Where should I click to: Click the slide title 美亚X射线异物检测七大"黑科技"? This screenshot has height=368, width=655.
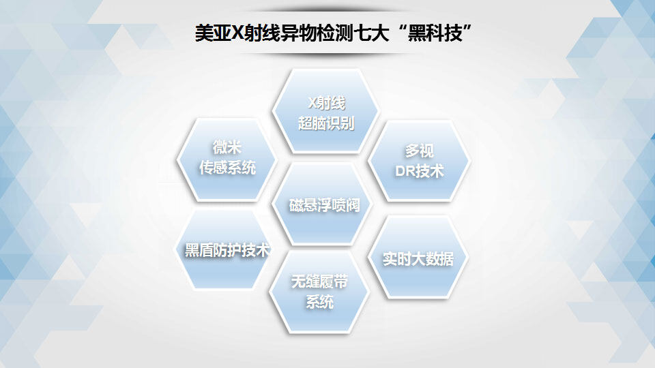tap(334, 33)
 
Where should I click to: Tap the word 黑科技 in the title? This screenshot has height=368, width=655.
tap(435, 33)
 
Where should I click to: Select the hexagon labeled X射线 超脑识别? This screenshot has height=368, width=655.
tap(326, 111)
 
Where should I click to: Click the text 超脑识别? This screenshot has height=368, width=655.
tap(326, 123)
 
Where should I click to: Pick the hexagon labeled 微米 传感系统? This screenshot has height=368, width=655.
tap(227, 159)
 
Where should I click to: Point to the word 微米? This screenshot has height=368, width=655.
tap(227, 147)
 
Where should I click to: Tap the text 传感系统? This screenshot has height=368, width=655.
tap(227, 168)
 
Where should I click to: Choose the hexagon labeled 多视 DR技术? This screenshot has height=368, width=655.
tap(420, 161)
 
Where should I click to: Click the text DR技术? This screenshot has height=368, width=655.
tap(420, 171)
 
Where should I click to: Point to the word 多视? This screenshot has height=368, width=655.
tap(420, 151)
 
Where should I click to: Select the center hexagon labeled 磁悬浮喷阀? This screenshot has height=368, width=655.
tap(323, 204)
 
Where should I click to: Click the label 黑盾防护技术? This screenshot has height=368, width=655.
tap(227, 250)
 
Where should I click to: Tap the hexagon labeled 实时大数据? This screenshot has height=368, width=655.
tap(418, 257)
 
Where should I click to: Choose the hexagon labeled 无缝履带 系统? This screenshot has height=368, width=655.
tap(319, 292)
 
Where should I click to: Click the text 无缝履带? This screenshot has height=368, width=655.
tap(319, 281)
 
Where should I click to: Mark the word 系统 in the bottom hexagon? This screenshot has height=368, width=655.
tap(319, 302)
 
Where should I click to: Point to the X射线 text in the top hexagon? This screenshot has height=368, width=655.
tap(326, 103)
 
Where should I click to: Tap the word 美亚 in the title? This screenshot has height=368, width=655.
tap(213, 33)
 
